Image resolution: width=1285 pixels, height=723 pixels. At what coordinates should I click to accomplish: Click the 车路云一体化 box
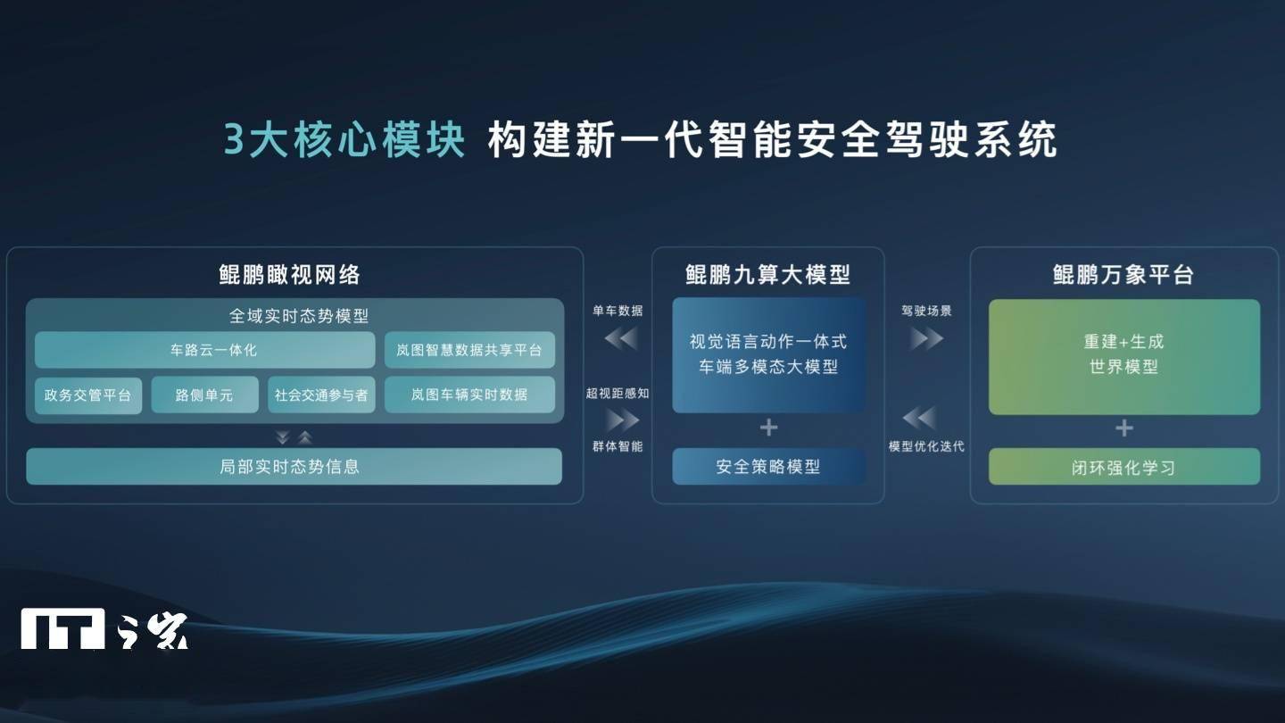205,350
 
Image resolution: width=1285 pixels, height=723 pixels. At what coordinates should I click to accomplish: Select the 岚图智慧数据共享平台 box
469,350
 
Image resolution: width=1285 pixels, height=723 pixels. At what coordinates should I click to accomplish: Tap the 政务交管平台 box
87,395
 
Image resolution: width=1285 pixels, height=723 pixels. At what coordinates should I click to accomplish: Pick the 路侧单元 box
205,395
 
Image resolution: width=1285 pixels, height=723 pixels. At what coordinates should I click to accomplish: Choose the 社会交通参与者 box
321,395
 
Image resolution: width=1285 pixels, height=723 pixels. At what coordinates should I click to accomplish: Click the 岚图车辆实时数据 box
469,395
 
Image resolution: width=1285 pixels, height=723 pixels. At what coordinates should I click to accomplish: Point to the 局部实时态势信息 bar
294,467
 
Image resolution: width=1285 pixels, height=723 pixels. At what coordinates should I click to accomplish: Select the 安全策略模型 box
768,467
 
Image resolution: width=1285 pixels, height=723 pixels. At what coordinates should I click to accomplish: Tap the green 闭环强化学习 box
1124,467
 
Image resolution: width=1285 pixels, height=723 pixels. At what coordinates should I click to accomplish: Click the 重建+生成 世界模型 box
1124,356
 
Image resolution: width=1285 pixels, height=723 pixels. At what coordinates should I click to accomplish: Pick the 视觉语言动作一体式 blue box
768,355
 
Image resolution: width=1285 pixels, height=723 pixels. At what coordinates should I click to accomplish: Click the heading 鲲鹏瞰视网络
289,275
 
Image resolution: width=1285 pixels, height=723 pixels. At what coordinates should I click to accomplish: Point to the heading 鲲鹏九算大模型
768,275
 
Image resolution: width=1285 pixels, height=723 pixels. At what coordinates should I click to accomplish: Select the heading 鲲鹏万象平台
1123,275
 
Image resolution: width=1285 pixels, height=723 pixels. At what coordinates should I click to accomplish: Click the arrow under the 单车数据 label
621,339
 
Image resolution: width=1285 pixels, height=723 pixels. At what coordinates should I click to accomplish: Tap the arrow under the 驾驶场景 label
927,339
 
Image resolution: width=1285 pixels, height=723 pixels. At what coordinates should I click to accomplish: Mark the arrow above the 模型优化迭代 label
919,418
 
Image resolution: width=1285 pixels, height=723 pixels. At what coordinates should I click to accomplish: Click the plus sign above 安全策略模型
768,428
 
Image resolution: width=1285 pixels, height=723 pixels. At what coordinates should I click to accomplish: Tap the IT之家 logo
104,629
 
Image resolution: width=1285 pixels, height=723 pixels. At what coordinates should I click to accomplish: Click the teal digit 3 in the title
234,139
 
